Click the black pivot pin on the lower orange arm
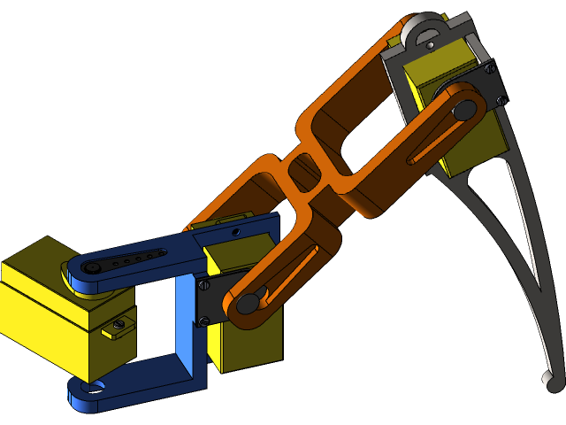(249, 303)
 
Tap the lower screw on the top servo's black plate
(501, 100)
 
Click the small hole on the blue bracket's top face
(235, 231)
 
